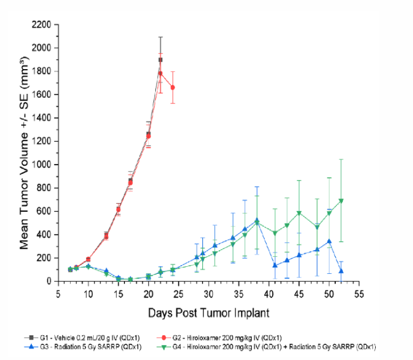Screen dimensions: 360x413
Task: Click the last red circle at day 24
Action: pyautogui.click(x=173, y=87)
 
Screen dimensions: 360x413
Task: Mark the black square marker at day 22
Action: pyautogui.click(x=160, y=60)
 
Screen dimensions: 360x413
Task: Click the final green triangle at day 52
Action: pyautogui.click(x=342, y=201)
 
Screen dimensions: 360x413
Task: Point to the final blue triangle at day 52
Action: pyautogui.click(x=342, y=271)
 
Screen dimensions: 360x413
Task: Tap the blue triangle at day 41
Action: pyautogui.click(x=275, y=265)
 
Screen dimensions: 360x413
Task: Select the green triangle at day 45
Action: pyautogui.click(x=299, y=213)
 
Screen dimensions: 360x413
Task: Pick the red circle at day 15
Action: pyautogui.click(x=119, y=210)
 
